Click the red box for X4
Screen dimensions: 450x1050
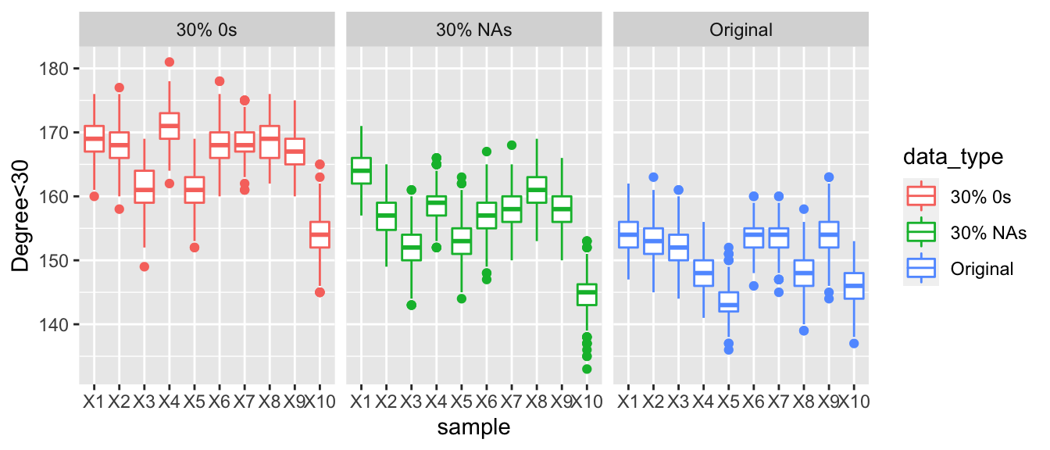pyautogui.click(x=169, y=126)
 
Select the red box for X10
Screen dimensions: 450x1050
pyautogui.click(x=320, y=234)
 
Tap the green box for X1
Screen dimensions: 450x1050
pyautogui.click(x=361, y=170)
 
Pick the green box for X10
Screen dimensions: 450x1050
pyautogui.click(x=587, y=295)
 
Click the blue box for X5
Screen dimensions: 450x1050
pyautogui.click(x=728, y=302)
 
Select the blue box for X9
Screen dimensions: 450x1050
pyautogui.click(x=829, y=234)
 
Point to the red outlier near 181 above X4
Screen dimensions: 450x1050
pyautogui.click(x=169, y=62)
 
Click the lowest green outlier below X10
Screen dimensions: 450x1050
pyautogui.click(x=587, y=369)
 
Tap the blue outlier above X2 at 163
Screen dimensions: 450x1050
pyautogui.click(x=653, y=177)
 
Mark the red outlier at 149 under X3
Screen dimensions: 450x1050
pyautogui.click(x=144, y=266)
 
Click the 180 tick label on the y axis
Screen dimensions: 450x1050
pyautogui.click(x=56, y=69)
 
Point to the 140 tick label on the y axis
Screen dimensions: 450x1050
pyautogui.click(x=56, y=324)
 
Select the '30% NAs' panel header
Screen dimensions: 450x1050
pyautogui.click(x=474, y=30)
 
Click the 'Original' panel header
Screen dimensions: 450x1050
pyautogui.click(x=741, y=30)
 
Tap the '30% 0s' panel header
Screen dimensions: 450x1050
pyautogui.click(x=207, y=30)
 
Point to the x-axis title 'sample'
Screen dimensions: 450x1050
pyautogui.click(x=474, y=427)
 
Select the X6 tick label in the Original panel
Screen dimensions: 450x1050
pyautogui.click(x=753, y=402)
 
